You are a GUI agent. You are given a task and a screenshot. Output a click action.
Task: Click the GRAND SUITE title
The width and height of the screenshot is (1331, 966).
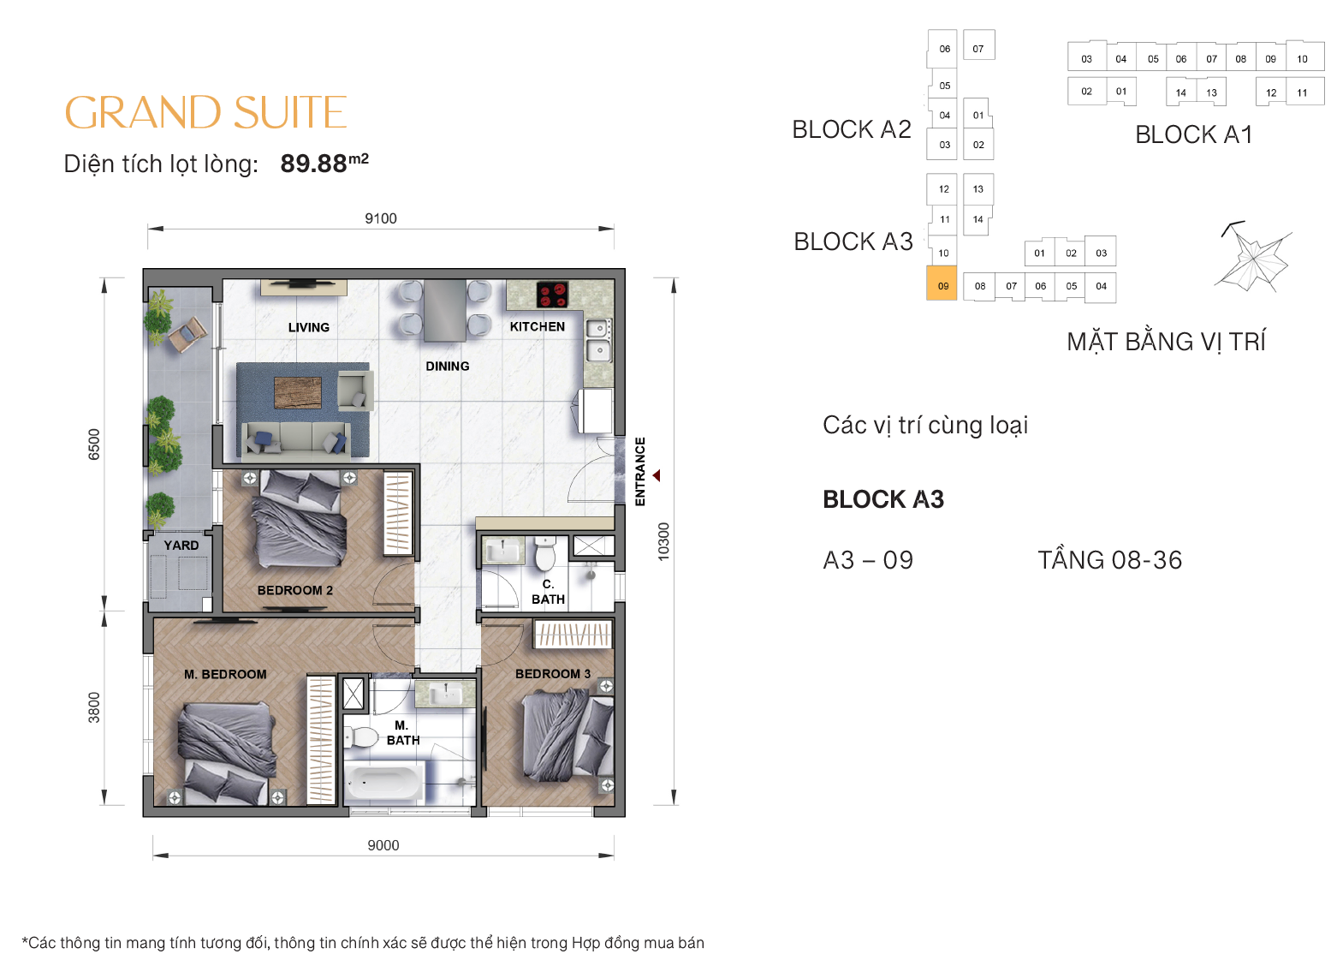click(205, 113)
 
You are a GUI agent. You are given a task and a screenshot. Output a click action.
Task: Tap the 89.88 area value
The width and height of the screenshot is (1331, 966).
click(314, 163)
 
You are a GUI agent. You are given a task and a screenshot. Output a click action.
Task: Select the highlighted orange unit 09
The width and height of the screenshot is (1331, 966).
click(942, 285)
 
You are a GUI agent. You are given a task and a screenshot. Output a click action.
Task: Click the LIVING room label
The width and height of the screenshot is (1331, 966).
click(308, 327)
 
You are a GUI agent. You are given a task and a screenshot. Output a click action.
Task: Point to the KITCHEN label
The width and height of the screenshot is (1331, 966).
click(537, 326)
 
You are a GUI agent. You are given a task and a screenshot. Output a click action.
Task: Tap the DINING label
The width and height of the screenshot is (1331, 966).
click(447, 366)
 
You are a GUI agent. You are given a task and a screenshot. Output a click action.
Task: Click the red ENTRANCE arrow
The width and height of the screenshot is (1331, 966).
click(657, 475)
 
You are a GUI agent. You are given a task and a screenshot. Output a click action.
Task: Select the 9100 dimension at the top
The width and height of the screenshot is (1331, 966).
click(380, 218)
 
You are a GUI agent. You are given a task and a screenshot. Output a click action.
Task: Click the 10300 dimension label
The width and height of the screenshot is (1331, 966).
click(663, 541)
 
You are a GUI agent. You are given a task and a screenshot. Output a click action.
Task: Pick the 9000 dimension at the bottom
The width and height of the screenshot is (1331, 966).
click(383, 845)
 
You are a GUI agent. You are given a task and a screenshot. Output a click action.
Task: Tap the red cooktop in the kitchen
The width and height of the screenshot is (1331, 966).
click(552, 294)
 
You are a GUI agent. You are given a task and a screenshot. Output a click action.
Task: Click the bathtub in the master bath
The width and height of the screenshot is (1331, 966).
click(383, 782)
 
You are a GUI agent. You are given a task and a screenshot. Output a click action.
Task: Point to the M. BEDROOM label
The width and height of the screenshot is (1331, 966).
click(225, 674)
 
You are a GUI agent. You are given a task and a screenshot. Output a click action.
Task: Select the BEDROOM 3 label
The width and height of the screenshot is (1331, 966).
click(552, 674)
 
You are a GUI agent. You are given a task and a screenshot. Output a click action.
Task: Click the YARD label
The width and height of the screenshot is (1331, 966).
click(181, 546)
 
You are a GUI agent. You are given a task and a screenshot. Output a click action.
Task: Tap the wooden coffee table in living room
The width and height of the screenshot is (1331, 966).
click(298, 392)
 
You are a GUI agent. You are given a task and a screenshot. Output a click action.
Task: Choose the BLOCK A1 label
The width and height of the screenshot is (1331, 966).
click(1193, 134)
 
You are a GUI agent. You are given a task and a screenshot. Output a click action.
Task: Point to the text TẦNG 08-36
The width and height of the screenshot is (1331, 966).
click(1109, 560)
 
